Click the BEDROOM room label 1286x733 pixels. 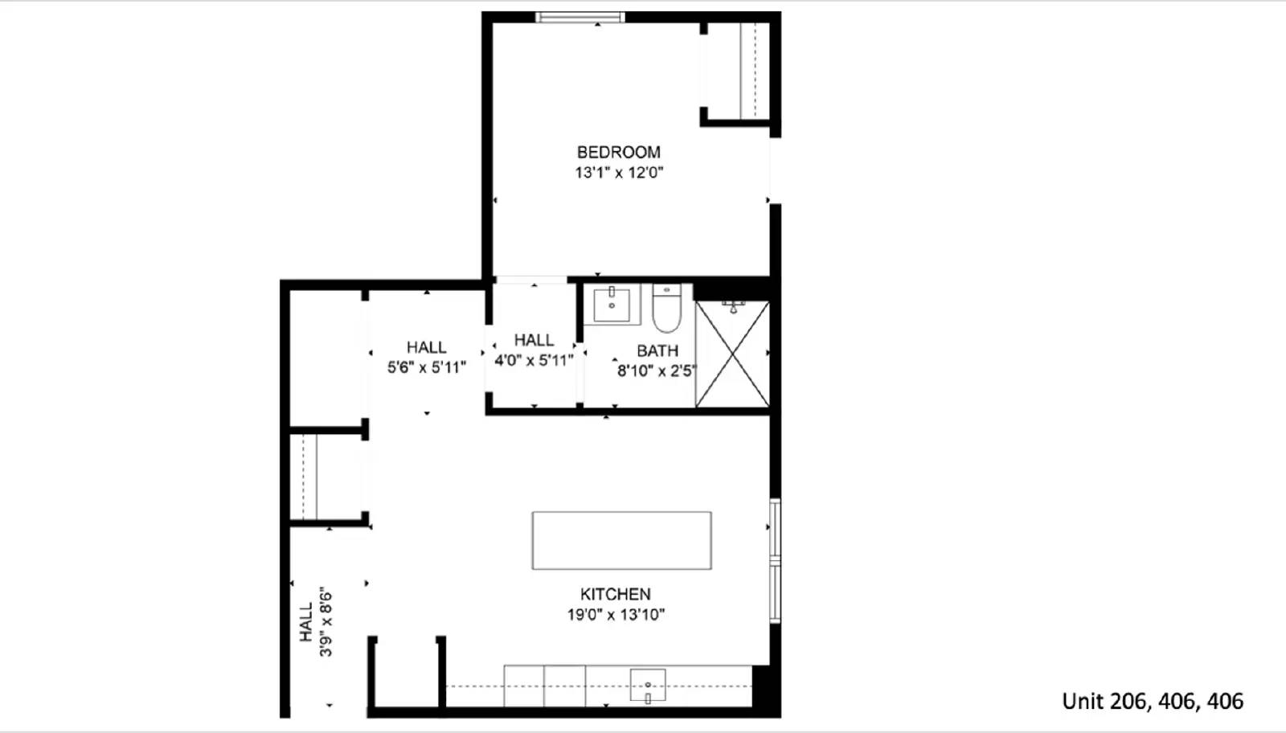(618, 152)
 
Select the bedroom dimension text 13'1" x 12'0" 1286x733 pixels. (618, 172)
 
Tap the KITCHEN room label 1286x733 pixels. (615, 594)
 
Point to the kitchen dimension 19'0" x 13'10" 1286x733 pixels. (615, 615)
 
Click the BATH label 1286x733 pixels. (657, 350)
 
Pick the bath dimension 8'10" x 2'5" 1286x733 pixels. (656, 371)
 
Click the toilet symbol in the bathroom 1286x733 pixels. (666, 309)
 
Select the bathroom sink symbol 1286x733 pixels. (612, 305)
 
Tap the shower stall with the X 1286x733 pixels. (731, 354)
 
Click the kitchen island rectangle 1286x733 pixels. (621, 540)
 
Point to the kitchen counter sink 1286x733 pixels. (648, 686)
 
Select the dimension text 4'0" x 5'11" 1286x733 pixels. (534, 360)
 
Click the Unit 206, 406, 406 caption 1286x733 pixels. (1152, 701)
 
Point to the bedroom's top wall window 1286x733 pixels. (580, 17)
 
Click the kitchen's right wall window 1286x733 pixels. (775, 560)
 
